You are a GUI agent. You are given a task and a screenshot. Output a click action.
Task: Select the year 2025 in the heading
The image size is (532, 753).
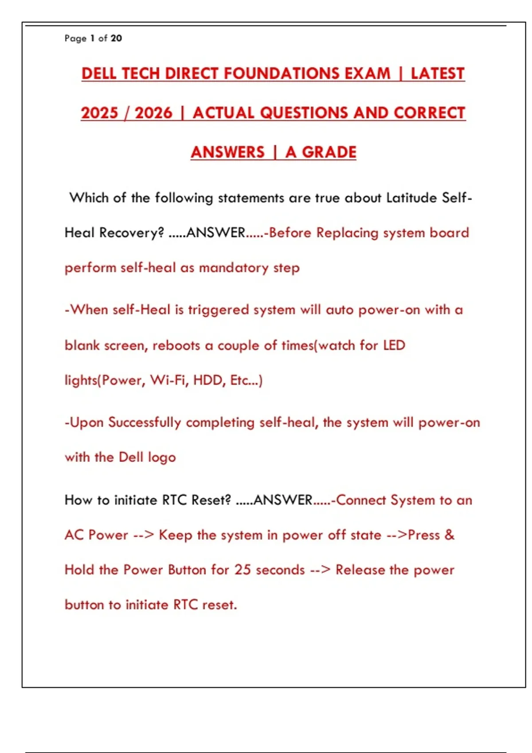100,113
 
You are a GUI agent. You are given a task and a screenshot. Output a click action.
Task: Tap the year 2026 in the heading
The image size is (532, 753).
153,113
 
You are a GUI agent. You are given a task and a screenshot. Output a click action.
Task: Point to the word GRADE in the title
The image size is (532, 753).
329,152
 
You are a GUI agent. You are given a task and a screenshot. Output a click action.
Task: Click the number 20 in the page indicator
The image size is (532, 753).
116,39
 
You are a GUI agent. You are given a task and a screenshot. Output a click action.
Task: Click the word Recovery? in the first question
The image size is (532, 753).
131,233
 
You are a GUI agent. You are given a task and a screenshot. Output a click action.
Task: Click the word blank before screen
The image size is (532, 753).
82,345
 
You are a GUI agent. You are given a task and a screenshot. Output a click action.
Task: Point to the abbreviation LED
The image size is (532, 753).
394,345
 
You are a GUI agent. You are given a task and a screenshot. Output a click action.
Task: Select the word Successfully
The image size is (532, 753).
145,423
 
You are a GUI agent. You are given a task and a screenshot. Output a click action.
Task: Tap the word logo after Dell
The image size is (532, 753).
161,458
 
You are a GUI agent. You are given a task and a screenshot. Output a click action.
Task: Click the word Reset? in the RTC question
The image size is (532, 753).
211,500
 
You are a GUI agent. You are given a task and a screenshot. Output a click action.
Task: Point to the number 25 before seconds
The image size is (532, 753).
243,570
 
